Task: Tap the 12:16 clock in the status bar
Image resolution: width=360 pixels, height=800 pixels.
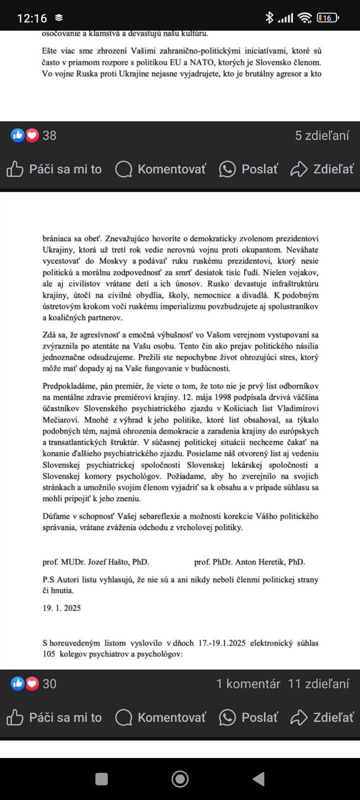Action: pyautogui.click(x=32, y=18)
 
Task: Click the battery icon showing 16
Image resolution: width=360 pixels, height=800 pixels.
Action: pyautogui.click(x=327, y=18)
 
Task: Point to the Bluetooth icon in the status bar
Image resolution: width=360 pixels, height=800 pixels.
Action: pyautogui.click(x=269, y=18)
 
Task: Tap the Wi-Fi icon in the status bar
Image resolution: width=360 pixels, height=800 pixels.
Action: pyautogui.click(x=304, y=18)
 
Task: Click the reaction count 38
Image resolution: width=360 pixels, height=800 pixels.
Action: pyautogui.click(x=49, y=135)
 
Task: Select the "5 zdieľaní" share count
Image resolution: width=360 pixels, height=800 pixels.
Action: pyautogui.click(x=322, y=135)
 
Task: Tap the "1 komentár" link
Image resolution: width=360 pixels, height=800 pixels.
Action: pyautogui.click(x=248, y=683)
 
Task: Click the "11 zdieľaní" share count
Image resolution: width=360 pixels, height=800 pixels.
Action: pyautogui.click(x=318, y=683)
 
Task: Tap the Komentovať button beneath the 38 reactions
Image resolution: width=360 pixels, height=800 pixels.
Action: pyautogui.click(x=160, y=169)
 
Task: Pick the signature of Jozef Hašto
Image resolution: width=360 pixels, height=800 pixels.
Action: pyautogui.click(x=95, y=562)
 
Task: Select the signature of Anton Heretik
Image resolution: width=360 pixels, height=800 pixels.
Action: pyautogui.click(x=249, y=562)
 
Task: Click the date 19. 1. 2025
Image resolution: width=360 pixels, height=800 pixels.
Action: pyautogui.click(x=61, y=608)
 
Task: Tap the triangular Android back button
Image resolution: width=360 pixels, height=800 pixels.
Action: pyautogui.click(x=258, y=778)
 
